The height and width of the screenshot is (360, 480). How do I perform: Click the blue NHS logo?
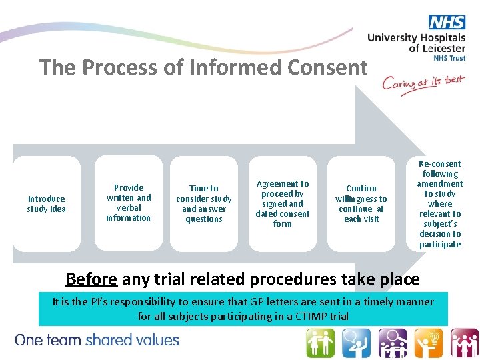point(447,22)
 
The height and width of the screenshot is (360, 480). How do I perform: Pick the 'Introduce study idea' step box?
point(47,204)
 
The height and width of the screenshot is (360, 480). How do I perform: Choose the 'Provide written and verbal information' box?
point(129,203)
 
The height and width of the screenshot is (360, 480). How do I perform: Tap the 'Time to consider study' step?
point(204,204)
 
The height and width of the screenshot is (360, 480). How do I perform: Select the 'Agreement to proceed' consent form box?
point(283,203)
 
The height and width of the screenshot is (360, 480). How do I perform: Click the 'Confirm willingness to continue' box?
point(361,204)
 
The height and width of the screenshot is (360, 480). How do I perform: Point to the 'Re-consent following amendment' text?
point(440,204)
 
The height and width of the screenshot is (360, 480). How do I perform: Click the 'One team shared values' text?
point(97,340)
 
